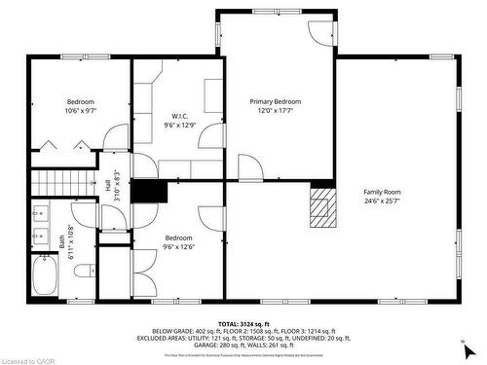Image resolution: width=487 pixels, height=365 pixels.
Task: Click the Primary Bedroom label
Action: click(x=275, y=101)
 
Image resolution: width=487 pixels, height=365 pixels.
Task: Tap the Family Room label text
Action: click(x=382, y=191)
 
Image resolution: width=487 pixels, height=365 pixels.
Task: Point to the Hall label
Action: click(x=106, y=185)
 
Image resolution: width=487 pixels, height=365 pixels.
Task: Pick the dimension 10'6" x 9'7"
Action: click(x=81, y=111)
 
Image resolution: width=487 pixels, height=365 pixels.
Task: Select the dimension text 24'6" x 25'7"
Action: click(x=382, y=201)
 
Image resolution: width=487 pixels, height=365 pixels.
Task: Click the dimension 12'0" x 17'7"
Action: click(x=275, y=111)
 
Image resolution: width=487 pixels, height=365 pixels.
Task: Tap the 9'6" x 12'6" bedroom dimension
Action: click(x=178, y=247)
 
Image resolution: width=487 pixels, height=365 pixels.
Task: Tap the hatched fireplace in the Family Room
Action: click(x=320, y=205)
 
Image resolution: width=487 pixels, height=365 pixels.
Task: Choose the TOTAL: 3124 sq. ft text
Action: click(x=243, y=323)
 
